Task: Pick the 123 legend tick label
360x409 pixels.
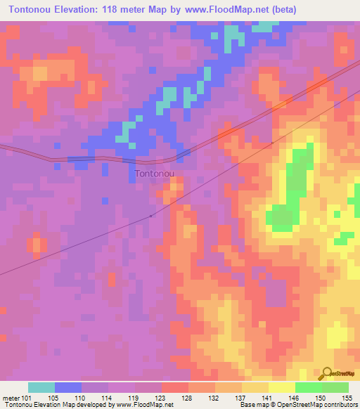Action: [162, 397]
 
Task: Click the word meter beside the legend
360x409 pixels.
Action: [10, 397]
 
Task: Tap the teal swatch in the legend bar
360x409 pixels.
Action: [41, 387]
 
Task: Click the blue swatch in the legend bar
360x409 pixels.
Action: [68, 387]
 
